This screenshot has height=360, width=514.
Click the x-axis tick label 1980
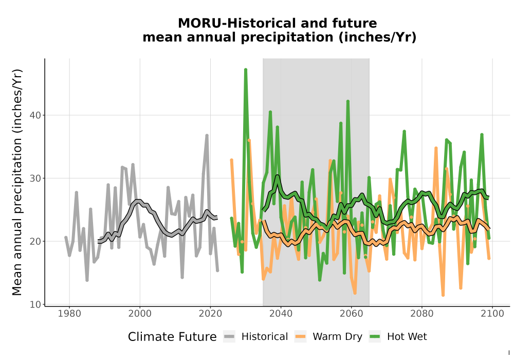coord(69,314)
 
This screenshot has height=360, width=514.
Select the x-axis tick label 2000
coord(140,314)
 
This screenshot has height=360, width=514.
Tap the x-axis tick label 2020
coord(210,314)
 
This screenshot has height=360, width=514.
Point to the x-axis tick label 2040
coord(281,314)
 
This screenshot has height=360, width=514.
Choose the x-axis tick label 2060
coord(352,314)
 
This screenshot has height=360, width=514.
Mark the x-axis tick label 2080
coord(422,314)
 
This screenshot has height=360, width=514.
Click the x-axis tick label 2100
coord(492,314)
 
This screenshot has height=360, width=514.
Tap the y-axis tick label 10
coord(36,304)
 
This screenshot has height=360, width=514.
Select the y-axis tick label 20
coord(36,241)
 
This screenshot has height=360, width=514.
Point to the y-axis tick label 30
coord(36,178)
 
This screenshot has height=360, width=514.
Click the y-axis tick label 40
coord(36,115)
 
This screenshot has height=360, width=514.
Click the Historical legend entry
coord(255,337)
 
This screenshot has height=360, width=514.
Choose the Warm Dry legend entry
coord(328,337)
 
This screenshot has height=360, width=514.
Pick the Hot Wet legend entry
coord(398,337)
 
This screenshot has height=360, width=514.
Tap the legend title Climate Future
coord(172,337)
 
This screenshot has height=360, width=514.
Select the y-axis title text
coord(17,182)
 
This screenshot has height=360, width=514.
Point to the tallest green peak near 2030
coord(246,69)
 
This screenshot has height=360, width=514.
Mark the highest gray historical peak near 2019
coord(207,135)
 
